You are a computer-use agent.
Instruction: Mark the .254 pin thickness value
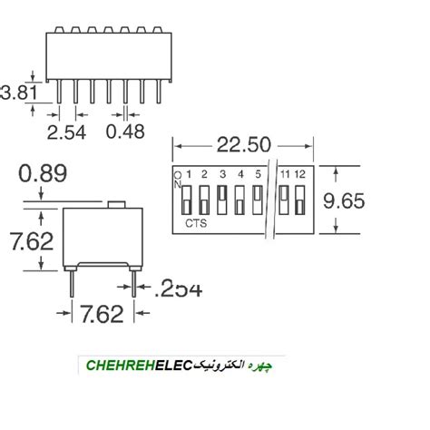[178, 288]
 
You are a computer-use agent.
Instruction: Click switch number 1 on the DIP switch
[189, 174]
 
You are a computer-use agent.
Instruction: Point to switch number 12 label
[299, 174]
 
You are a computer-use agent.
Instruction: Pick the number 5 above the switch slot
[259, 174]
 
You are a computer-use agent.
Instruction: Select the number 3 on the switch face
[222, 174]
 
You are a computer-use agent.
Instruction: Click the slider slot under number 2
[205, 198]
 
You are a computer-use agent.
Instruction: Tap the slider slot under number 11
[284, 198]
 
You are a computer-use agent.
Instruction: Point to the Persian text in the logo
[240, 366]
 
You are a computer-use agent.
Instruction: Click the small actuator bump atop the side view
[115, 205]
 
